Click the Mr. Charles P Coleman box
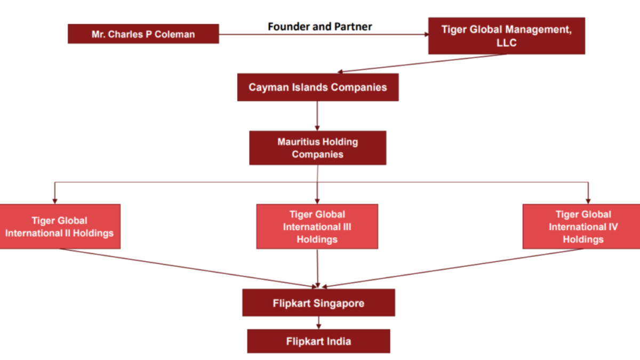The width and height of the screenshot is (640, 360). (x=143, y=34)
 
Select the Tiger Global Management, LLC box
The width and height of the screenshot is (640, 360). (x=506, y=36)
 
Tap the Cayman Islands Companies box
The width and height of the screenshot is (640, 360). (x=317, y=87)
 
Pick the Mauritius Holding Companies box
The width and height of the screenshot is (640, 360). (x=317, y=148)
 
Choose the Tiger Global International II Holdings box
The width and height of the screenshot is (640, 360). (x=60, y=227)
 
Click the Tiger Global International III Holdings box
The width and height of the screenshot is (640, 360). (x=317, y=227)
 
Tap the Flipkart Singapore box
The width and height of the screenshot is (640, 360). (x=318, y=303)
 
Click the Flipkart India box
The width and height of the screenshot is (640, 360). (x=318, y=341)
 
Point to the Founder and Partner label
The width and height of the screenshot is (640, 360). (x=319, y=26)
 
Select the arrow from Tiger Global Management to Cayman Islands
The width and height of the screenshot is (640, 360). (x=421, y=63)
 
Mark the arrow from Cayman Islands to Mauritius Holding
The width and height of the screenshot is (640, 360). (x=317, y=115)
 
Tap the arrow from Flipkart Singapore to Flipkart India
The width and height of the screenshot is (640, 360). (x=318, y=322)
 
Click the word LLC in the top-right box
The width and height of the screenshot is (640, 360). (x=506, y=43)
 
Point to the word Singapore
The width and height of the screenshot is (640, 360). (x=338, y=303)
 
